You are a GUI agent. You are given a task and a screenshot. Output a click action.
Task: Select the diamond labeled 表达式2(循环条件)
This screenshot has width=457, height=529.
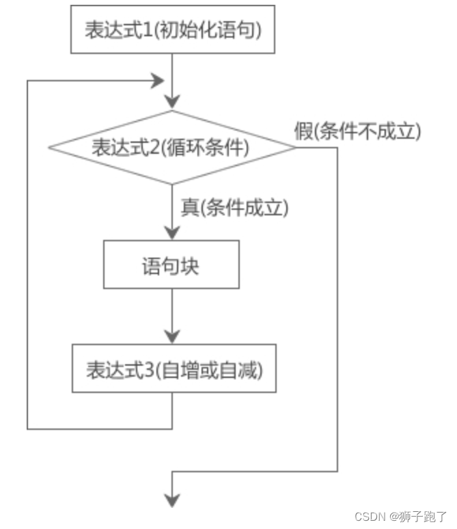(x=171, y=147)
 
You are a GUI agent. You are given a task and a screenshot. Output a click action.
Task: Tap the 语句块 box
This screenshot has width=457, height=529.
(x=171, y=264)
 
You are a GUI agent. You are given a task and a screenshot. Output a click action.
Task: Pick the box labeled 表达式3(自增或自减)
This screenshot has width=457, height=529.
(x=174, y=368)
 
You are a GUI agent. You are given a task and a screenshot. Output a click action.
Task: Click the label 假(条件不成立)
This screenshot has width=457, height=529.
(x=357, y=131)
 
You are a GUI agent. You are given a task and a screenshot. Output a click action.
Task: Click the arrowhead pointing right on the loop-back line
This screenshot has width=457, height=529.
(x=158, y=80)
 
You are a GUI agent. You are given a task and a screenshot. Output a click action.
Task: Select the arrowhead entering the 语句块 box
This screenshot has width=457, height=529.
(x=171, y=232)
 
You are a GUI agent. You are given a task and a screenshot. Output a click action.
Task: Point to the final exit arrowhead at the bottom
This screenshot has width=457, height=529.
(x=171, y=502)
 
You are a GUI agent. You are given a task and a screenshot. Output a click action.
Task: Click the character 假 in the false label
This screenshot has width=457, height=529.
(x=304, y=131)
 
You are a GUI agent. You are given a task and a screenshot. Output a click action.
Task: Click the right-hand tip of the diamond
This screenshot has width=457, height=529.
(x=295, y=147)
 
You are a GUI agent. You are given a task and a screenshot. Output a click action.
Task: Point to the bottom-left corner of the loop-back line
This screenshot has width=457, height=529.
(x=27, y=429)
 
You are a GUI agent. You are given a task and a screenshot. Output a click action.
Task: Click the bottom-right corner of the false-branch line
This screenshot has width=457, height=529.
(x=337, y=471)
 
